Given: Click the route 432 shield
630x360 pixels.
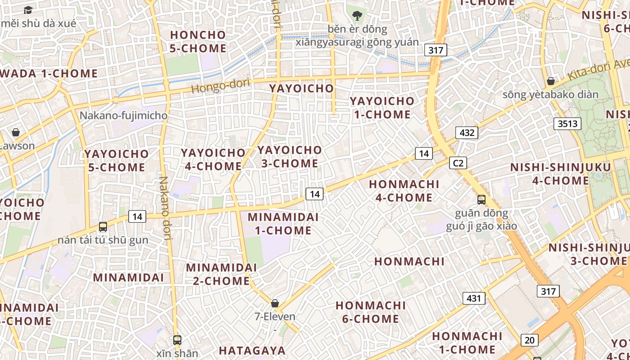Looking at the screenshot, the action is click(x=467, y=133).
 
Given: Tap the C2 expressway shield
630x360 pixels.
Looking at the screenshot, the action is click(x=458, y=163).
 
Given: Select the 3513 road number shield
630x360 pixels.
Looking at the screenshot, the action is click(x=567, y=124).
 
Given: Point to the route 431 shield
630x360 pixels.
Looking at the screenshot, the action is click(x=474, y=298).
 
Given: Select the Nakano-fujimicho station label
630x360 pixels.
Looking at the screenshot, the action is click(x=123, y=116).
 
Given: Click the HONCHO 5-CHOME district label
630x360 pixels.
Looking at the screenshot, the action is click(x=198, y=41).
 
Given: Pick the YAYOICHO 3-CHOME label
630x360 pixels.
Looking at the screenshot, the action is click(x=290, y=157).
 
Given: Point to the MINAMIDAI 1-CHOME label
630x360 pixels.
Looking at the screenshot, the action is click(x=283, y=224).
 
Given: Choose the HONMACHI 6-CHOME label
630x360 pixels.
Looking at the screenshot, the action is click(x=370, y=312).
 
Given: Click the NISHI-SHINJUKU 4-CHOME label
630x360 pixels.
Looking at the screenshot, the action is click(x=561, y=174).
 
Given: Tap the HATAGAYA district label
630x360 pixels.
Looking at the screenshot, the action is click(x=252, y=351).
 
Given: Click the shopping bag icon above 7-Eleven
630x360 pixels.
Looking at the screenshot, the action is click(x=275, y=303).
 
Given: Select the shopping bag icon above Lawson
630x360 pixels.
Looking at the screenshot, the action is click(x=16, y=132).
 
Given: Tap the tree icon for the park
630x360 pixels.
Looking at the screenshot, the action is click(x=357, y=16).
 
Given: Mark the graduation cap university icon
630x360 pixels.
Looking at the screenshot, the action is click(x=28, y=9).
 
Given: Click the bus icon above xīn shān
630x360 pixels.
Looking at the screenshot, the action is click(x=177, y=340).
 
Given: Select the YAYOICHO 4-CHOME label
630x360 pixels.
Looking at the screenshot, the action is click(x=213, y=159).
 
